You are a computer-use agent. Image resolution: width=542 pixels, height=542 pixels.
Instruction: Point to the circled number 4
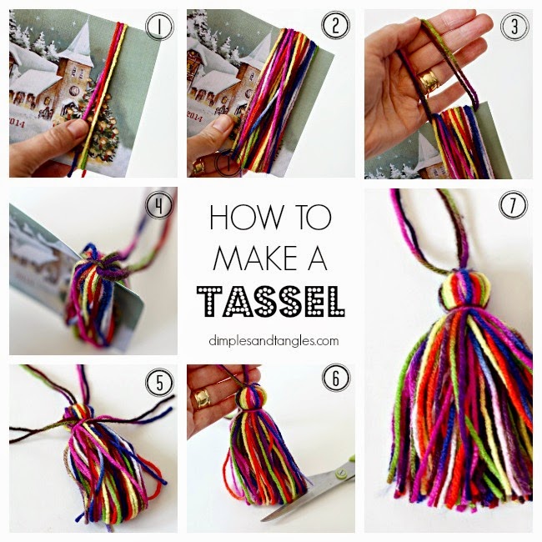[x=158, y=204]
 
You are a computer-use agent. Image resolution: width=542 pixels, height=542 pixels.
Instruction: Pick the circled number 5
[x=158, y=382]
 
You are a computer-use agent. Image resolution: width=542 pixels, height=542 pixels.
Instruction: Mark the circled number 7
[x=513, y=204]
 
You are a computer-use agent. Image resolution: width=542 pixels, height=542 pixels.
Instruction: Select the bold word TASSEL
[x=270, y=299]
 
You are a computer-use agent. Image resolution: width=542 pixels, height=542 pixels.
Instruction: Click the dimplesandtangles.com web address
[x=270, y=340]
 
